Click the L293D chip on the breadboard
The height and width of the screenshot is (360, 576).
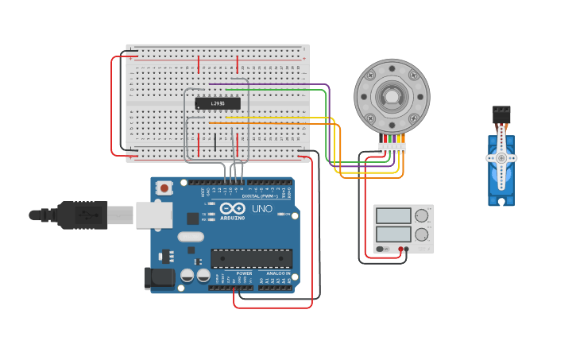point(217,103)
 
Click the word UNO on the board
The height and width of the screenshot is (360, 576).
point(263,209)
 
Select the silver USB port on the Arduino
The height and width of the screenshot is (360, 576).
point(159,215)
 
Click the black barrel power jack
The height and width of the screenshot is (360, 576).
point(159,277)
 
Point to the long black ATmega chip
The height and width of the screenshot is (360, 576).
point(251,258)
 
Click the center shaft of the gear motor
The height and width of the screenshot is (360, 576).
point(392,97)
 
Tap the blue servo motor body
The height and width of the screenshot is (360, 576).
point(501,171)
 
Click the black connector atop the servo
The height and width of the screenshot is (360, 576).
point(501,114)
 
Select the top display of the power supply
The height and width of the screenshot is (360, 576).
point(393,216)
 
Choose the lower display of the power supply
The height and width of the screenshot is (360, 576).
point(393,234)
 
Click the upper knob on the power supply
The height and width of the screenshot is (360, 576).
point(421,216)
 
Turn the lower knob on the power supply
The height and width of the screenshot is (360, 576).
point(421,234)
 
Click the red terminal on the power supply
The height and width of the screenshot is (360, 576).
point(400,250)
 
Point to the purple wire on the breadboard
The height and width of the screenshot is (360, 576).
point(270,84)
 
